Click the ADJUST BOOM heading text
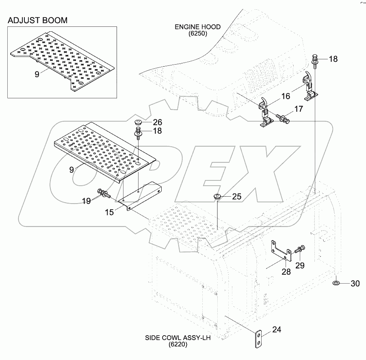click(x=37, y=20)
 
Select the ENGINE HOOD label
click(x=198, y=27)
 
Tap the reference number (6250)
click(x=198, y=34)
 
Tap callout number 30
click(x=355, y=284)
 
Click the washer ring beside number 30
click(x=337, y=283)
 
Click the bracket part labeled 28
click(x=280, y=252)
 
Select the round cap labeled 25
click(x=217, y=197)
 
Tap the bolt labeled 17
click(x=282, y=118)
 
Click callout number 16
click(x=299, y=109)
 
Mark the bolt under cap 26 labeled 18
click(x=138, y=132)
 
